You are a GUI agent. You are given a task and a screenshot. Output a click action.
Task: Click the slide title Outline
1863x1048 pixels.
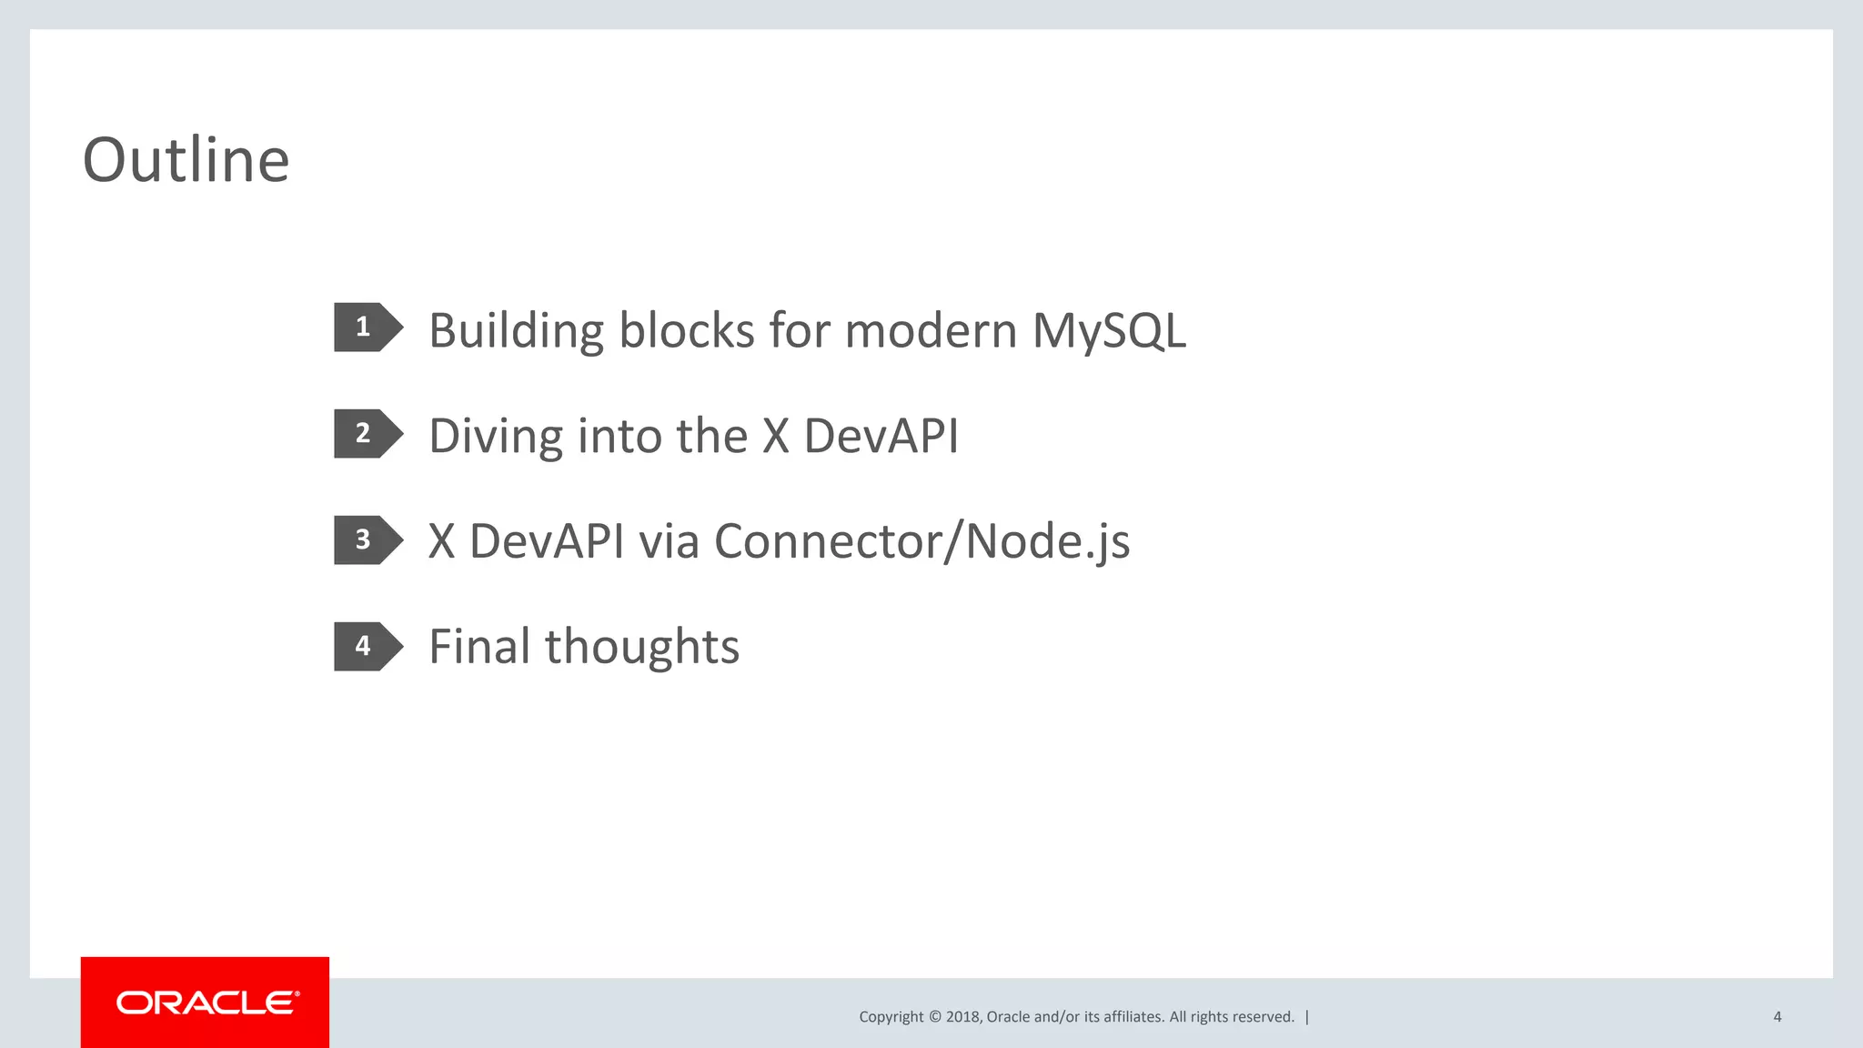point(186,160)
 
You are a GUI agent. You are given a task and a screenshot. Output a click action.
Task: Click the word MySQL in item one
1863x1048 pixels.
point(1109,330)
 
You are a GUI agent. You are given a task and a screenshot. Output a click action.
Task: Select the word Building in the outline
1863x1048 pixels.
point(516,330)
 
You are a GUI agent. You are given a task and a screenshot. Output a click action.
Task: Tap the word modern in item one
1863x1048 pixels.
point(931,330)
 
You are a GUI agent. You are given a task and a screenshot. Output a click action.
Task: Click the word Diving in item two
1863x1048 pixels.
point(496,436)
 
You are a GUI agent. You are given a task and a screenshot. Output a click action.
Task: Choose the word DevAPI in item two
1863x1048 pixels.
point(881,436)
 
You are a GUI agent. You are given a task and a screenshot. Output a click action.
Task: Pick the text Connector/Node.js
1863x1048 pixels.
point(921,541)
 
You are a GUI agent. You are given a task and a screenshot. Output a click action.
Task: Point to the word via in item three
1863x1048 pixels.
point(669,541)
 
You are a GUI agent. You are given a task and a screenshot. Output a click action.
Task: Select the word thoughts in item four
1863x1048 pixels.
point(642,647)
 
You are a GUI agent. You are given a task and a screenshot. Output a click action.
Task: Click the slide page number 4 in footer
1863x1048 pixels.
point(1777,1017)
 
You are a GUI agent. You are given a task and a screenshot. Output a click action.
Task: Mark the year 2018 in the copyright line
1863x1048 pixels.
point(962,1017)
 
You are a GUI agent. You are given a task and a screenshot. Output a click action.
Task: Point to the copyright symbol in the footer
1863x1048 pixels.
point(934,1017)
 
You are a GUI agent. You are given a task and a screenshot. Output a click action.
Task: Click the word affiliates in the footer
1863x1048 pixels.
point(1133,1017)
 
